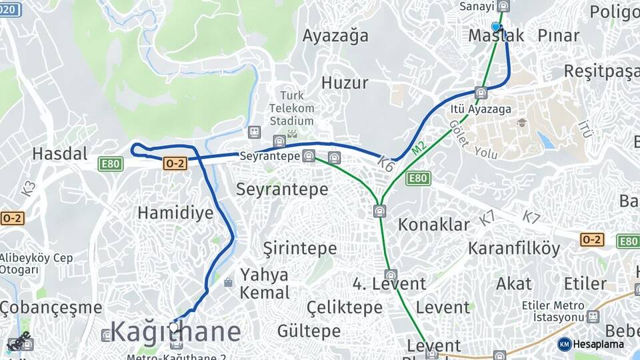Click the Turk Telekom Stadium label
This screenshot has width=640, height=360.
coord(291,108)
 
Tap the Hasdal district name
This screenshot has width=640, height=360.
coord(60,154)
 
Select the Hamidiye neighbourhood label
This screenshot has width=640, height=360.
coord(175,213)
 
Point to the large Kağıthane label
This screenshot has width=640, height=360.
coord(175,331)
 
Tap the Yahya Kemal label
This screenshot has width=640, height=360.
coord(265,283)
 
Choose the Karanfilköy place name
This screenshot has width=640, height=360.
coord(514,249)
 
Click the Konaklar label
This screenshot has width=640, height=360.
coord(434,224)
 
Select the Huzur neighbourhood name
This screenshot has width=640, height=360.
coord(345,83)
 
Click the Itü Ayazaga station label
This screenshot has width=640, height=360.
coord(481,109)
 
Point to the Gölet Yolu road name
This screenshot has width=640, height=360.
coord(472,141)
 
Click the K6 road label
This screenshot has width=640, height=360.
coord(386,164)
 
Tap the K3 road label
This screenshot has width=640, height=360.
coord(29,188)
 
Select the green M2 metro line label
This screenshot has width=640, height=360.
coord(418,148)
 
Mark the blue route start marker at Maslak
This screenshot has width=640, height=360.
coord(495,27)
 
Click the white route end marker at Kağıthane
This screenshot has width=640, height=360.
coord(174,327)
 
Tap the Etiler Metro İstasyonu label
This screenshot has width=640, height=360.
coord(553,311)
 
